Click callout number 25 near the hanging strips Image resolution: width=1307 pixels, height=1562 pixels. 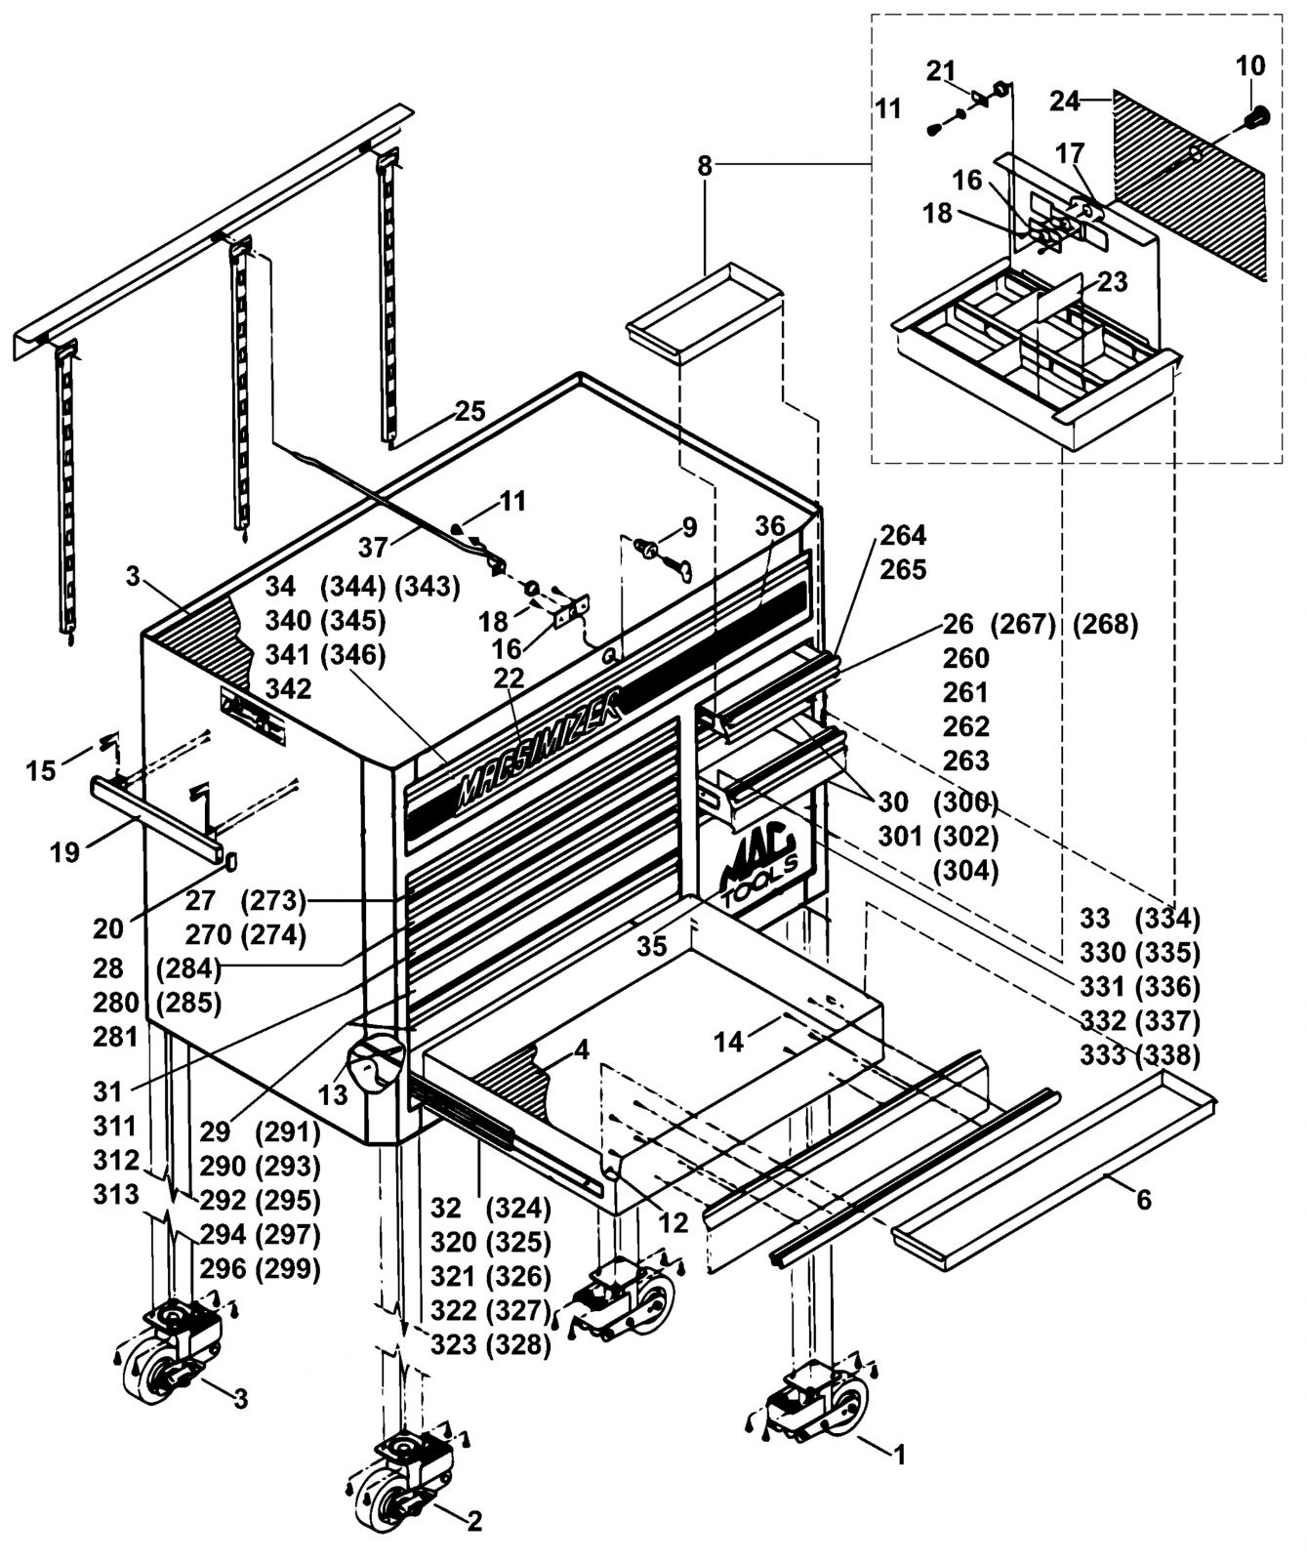(x=470, y=412)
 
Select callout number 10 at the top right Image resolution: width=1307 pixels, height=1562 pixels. (x=1250, y=65)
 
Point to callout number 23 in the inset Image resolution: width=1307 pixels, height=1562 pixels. (x=1112, y=281)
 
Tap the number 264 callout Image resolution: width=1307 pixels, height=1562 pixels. (x=903, y=535)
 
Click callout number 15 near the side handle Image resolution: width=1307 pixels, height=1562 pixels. (x=41, y=771)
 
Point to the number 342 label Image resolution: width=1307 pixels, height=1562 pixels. (x=289, y=688)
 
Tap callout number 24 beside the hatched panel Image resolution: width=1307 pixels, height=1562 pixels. (x=1066, y=101)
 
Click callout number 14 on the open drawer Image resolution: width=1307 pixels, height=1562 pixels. (x=728, y=1042)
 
